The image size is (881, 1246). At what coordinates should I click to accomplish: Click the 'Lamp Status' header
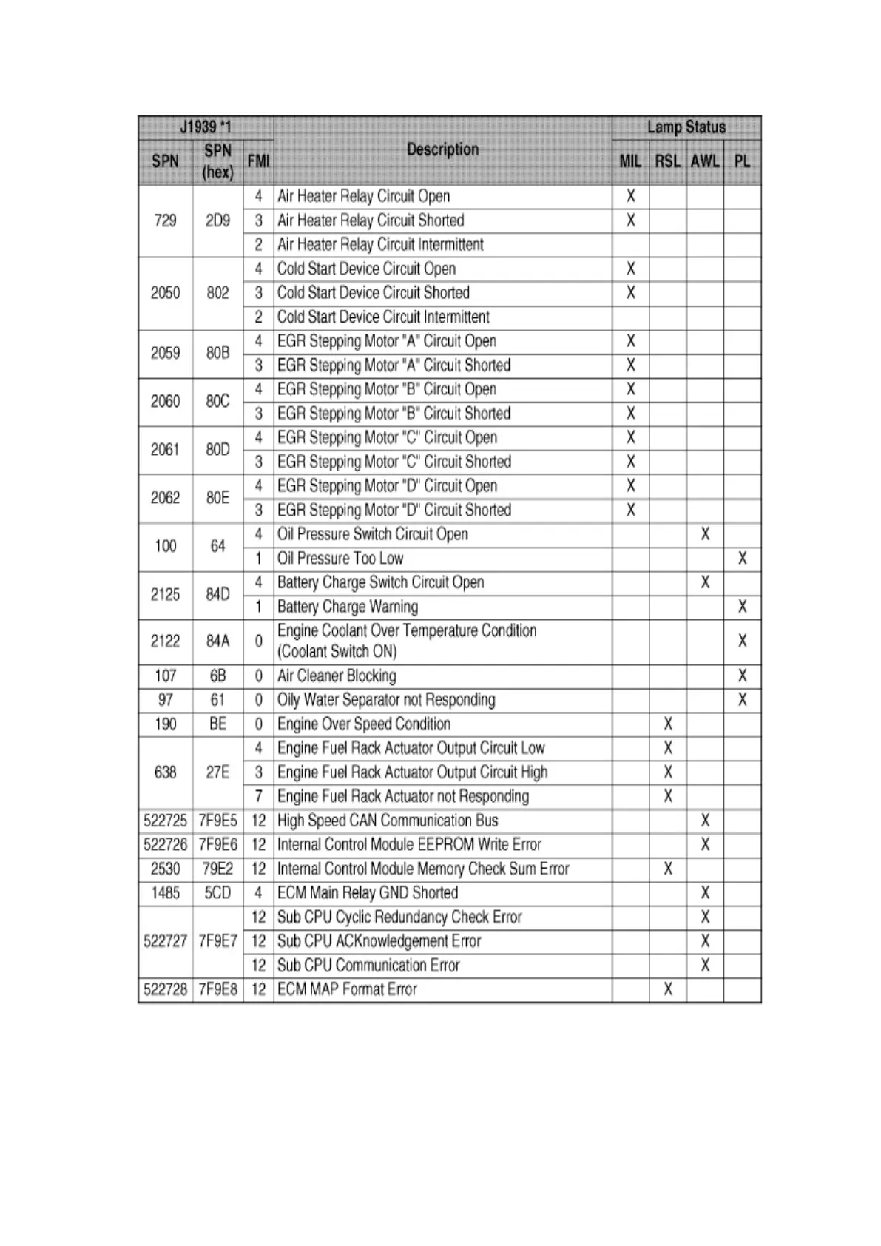click(x=686, y=127)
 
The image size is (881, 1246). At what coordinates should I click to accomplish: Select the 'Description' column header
click(x=442, y=149)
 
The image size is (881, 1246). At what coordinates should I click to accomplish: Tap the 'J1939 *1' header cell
click(x=205, y=127)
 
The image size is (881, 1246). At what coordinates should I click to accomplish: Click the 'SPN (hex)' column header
click(x=217, y=161)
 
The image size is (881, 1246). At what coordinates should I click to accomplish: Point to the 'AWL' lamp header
click(x=704, y=161)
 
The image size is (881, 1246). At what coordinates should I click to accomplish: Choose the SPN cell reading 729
click(x=165, y=220)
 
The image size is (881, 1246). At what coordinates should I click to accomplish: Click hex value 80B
click(x=217, y=353)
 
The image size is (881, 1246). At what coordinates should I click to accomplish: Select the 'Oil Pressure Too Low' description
click(x=340, y=559)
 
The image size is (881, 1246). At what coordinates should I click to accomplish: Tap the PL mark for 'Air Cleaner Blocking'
click(x=742, y=676)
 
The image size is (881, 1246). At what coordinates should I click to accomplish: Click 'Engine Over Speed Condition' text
click(x=363, y=724)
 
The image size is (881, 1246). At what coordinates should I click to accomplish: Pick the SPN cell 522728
click(x=165, y=989)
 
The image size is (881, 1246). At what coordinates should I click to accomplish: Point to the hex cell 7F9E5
click(x=217, y=821)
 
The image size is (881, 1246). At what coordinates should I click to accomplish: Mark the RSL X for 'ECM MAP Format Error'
click(x=667, y=989)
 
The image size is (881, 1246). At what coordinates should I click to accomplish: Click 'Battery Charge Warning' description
click(x=347, y=607)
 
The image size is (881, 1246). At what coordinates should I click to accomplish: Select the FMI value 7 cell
click(x=258, y=796)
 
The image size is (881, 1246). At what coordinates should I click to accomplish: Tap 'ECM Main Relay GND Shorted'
click(x=367, y=893)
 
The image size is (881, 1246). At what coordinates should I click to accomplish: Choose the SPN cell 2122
click(x=165, y=641)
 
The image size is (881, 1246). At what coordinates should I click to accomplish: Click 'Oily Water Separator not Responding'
click(x=385, y=700)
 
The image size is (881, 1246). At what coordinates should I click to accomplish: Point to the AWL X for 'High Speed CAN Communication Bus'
click(x=704, y=821)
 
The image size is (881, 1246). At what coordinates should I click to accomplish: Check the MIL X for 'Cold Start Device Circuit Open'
click(x=630, y=269)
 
